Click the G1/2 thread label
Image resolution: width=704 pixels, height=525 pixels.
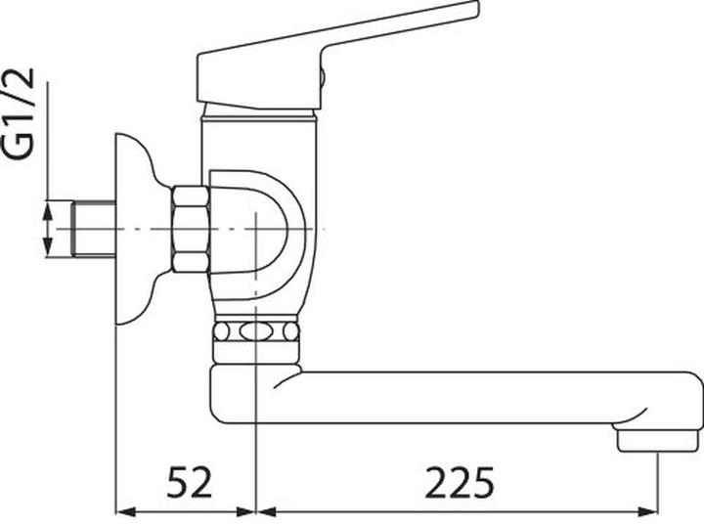(19, 113)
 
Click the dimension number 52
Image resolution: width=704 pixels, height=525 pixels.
(189, 482)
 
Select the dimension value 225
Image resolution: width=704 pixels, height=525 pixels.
(460, 482)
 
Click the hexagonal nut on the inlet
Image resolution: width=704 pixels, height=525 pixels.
(191, 229)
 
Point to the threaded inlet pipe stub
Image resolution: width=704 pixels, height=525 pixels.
(94, 229)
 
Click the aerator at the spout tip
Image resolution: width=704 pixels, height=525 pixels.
(660, 440)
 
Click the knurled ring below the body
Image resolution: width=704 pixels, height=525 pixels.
(255, 331)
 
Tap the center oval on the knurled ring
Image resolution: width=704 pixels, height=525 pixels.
(255, 331)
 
